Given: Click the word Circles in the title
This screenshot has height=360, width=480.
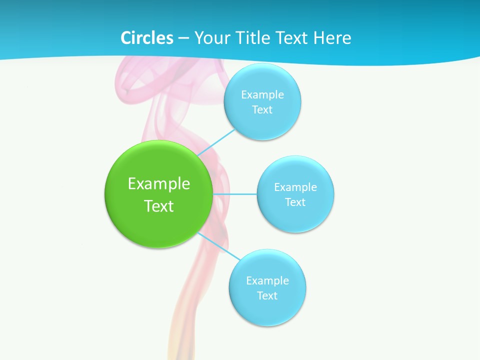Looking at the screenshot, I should pos(146,38).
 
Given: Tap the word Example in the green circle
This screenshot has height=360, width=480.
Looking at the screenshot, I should pos(159,183).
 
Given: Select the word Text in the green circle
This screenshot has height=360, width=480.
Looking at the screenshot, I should pos(159,206).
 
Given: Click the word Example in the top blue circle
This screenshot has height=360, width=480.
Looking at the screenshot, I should pos(262,94).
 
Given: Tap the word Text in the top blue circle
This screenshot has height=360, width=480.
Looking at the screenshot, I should pos(262,109).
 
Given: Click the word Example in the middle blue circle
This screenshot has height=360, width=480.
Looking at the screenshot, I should pos(295,187).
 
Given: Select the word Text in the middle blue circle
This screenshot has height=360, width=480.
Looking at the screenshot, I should pos(295,202).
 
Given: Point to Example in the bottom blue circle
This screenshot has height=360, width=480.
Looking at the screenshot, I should pos(267,280).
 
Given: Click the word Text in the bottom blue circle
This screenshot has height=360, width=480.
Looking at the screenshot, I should pos(267,295).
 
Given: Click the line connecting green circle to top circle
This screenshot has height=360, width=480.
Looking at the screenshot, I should pos(216,142).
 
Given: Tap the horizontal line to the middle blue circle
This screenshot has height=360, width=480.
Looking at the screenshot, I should pos(235,194).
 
